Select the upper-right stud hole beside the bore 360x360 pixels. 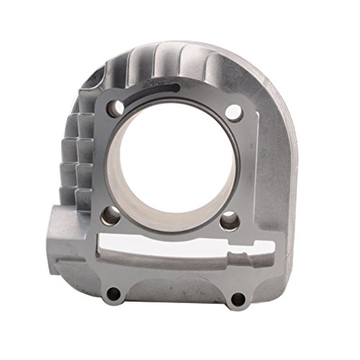pyautogui.click(x=232, y=112)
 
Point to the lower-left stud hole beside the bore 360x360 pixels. pyautogui.click(x=110, y=213)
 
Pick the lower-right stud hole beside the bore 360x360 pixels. pyautogui.click(x=229, y=219)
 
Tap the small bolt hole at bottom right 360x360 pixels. pyautogui.click(x=235, y=297)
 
